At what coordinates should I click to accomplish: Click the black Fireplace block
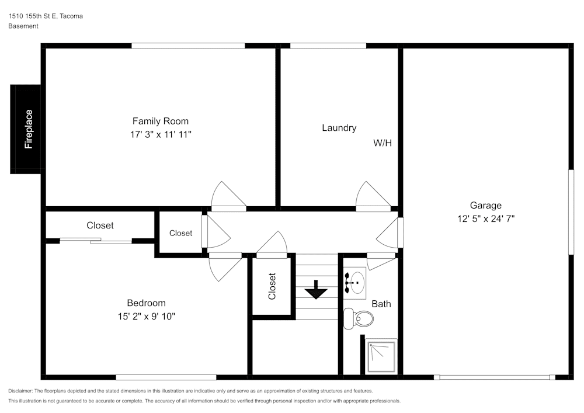[26, 129]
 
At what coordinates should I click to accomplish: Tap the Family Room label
[161, 121]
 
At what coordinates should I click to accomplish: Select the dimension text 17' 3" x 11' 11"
[161, 134]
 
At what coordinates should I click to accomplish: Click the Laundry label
[339, 127]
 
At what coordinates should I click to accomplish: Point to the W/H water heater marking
[382, 143]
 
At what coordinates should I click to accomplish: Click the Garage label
[485, 205]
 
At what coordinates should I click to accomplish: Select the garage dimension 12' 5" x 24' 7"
[485, 219]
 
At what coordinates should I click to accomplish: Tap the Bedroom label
[146, 303]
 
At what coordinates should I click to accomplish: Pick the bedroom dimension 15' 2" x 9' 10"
[146, 317]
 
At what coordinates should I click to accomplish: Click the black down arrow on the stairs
[317, 289]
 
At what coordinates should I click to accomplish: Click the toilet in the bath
[359, 318]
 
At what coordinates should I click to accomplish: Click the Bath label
[381, 304]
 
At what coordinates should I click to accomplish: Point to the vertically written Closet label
[272, 286]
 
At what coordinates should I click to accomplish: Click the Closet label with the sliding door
[100, 225]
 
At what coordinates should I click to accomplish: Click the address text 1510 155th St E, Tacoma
[46, 16]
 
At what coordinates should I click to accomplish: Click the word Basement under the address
[23, 26]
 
